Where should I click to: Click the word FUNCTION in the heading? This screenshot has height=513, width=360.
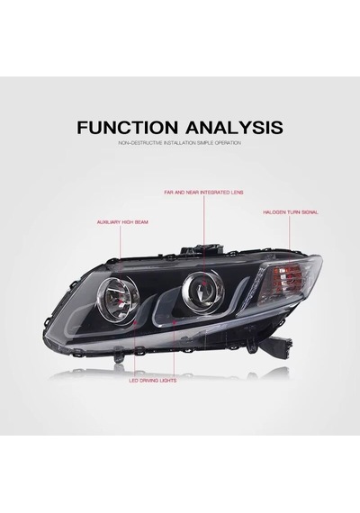tap(128, 127)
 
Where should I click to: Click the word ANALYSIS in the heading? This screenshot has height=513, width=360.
tap(234, 127)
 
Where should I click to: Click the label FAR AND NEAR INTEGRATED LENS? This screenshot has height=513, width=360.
tap(203, 193)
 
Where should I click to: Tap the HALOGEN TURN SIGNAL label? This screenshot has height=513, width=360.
tap(291, 212)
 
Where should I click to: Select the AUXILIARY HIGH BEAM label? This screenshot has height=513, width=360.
tap(122, 222)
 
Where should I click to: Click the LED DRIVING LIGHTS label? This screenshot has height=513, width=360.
tap(152, 381)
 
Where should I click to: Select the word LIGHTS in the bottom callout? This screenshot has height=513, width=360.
tap(168, 381)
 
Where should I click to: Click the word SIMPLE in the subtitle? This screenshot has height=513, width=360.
tap(205, 143)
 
